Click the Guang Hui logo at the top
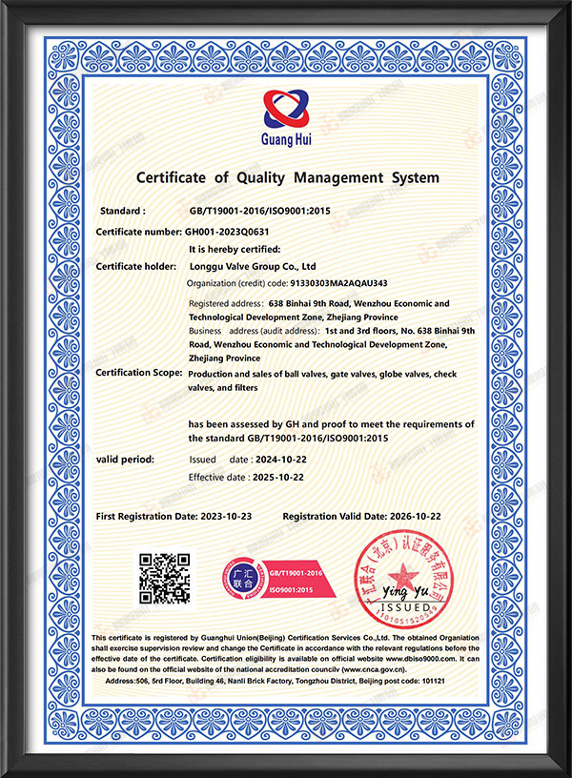click(x=287, y=117)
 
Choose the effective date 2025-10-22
click(x=291, y=477)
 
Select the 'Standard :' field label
click(x=123, y=211)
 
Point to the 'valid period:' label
click(x=125, y=460)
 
